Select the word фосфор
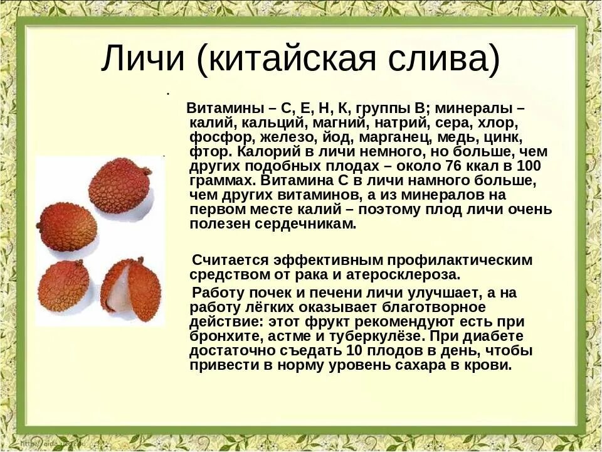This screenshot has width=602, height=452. tap(214, 137)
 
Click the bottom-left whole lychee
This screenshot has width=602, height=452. tap(63, 286)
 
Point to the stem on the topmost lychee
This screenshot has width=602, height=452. tap(146, 171)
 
